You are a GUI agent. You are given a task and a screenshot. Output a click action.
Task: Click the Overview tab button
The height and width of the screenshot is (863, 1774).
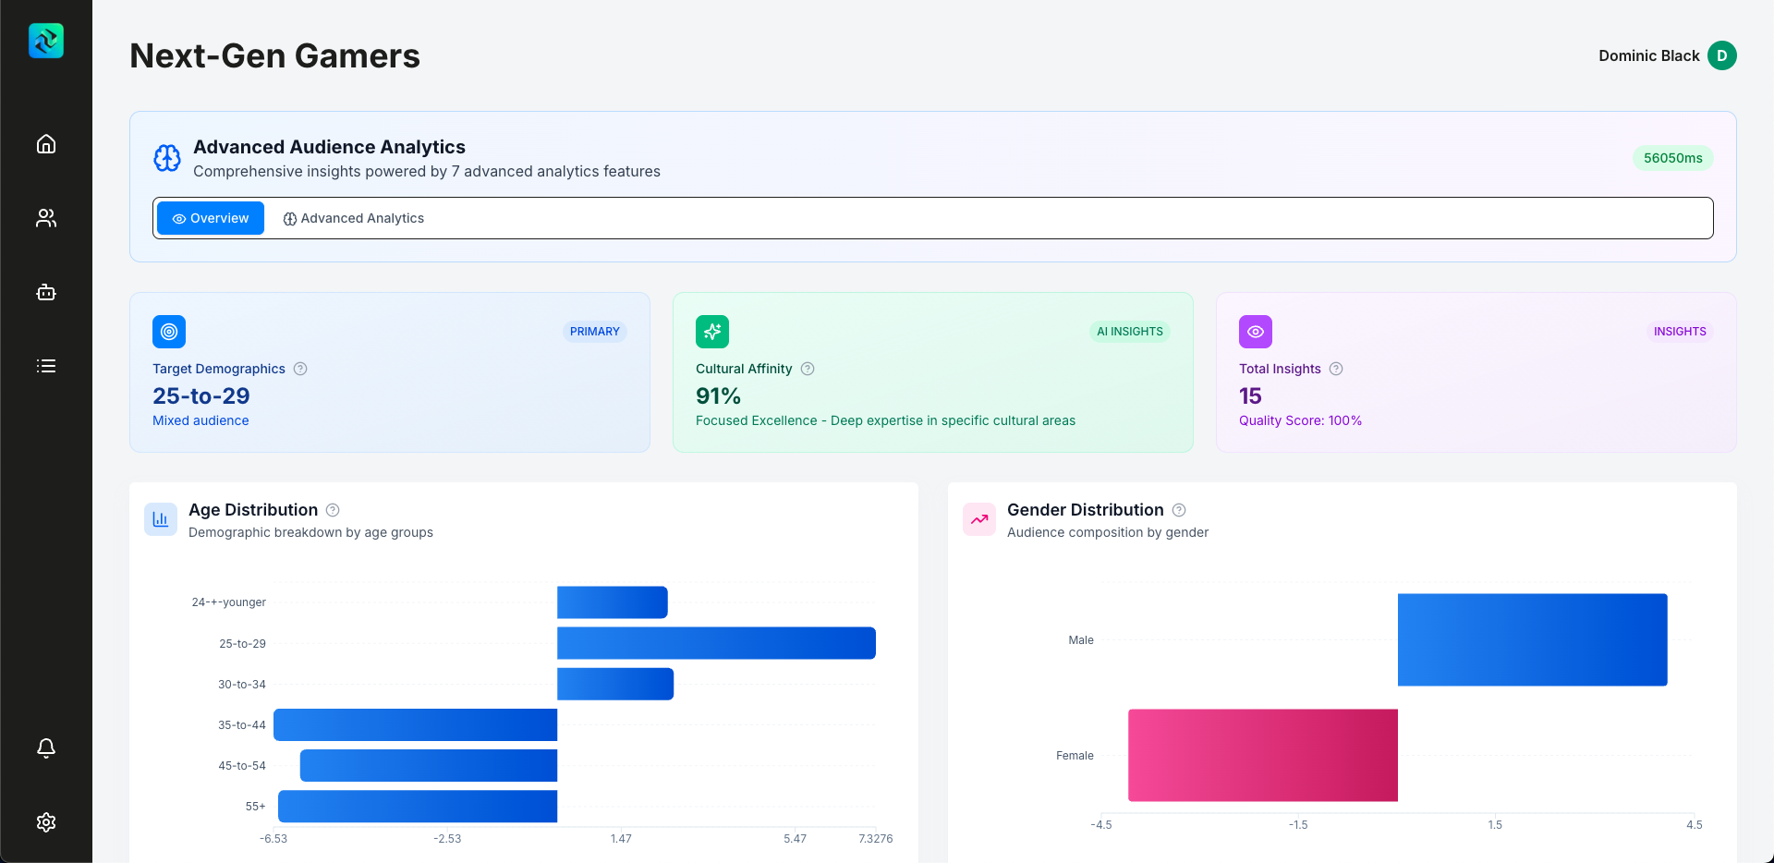(211, 218)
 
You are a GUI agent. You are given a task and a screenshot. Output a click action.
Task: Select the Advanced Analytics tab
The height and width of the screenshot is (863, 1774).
(353, 218)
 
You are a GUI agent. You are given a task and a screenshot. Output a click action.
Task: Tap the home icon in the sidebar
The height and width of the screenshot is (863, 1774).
(46, 144)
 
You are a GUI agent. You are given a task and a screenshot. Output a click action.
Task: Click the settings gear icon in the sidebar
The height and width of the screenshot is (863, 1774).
(46, 822)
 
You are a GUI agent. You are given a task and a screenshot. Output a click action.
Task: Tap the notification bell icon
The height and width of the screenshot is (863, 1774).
(46, 748)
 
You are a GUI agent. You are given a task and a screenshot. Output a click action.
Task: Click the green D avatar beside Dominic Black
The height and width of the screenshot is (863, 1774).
(1721, 55)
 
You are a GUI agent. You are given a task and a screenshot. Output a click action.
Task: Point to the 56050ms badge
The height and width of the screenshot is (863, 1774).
(1672, 158)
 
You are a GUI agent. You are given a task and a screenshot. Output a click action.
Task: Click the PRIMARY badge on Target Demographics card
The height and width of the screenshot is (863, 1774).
(594, 332)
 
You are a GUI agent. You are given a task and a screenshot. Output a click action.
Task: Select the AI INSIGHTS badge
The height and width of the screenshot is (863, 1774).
(1129, 332)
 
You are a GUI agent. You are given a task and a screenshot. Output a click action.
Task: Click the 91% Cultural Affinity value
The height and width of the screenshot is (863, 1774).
(718, 396)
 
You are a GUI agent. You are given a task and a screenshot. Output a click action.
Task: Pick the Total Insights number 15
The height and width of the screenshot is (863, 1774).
(1250, 396)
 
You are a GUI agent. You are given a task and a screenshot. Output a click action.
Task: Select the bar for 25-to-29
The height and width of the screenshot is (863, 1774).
(716, 643)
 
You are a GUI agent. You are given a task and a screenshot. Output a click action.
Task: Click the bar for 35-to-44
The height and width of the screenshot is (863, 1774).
(416, 724)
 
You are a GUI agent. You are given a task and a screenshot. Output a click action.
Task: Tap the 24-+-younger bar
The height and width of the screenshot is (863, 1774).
(612, 602)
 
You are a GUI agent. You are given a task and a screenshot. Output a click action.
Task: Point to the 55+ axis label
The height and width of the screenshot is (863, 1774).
(255, 807)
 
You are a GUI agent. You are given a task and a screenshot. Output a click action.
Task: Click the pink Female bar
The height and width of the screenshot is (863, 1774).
(1262, 755)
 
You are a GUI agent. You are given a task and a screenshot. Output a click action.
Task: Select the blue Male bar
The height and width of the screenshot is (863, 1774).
(1532, 639)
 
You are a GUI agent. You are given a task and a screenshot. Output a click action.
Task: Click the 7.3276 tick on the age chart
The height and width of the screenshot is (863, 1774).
(875, 839)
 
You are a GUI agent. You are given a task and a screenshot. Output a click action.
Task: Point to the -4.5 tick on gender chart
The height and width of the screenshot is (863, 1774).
(1101, 825)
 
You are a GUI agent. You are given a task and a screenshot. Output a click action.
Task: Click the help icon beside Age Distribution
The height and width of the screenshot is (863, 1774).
(333, 510)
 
